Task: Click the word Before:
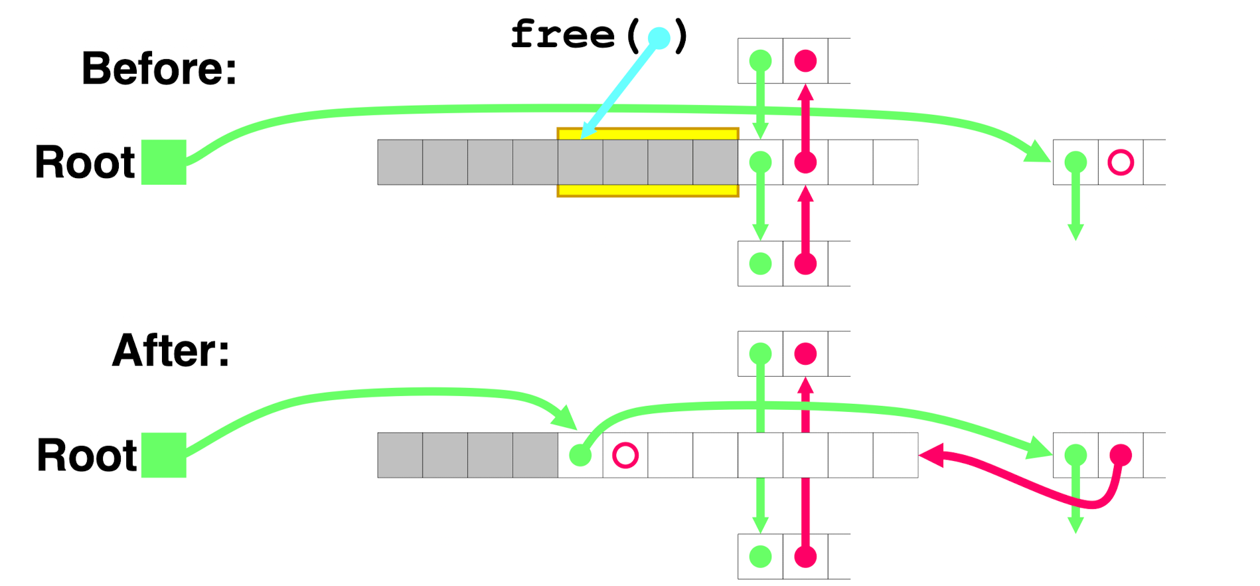[159, 68]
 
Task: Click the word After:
[171, 351]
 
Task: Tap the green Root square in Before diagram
[164, 162]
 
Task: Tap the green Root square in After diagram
[164, 455]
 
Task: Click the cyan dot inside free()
[659, 39]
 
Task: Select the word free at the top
[563, 35]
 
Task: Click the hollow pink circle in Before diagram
[1121, 162]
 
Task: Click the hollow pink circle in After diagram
[625, 455]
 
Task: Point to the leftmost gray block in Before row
[400, 162]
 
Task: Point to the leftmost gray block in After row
[400, 455]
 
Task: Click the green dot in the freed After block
[580, 455]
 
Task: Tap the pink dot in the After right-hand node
[1121, 455]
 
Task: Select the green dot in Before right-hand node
[1075, 162]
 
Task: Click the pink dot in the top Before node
[805, 61]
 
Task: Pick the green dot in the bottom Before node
[760, 264]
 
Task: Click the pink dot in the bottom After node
[805, 557]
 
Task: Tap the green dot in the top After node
[760, 353]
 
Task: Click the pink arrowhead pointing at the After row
[929, 455]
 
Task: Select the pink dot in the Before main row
[805, 162]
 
